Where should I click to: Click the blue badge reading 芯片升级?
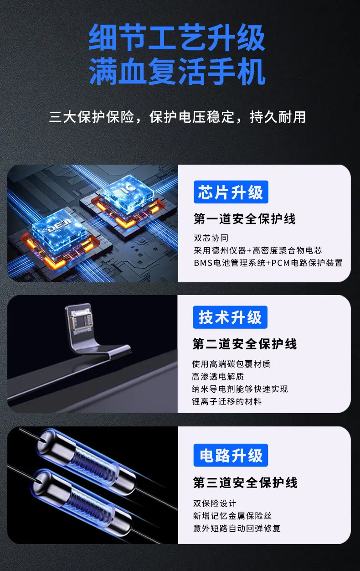(231, 192)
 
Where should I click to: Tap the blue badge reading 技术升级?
(230, 317)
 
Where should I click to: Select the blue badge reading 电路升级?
(231, 455)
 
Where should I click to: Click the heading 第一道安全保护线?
(245, 219)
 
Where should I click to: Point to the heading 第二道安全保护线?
(245, 344)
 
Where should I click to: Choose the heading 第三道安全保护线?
(245, 483)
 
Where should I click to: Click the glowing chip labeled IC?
(129, 192)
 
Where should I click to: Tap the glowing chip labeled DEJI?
(59, 229)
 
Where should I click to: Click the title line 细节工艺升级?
(177, 37)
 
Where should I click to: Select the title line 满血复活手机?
(177, 71)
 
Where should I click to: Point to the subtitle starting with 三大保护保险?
(177, 117)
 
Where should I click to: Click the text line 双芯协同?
(211, 238)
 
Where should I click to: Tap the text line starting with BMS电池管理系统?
(268, 263)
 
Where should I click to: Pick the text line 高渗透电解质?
(218, 376)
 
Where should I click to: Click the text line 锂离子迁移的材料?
(227, 401)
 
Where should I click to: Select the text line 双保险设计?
(215, 504)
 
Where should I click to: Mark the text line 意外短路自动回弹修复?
(237, 529)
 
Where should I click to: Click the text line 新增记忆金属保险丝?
(232, 516)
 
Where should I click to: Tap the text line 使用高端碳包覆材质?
(231, 364)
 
